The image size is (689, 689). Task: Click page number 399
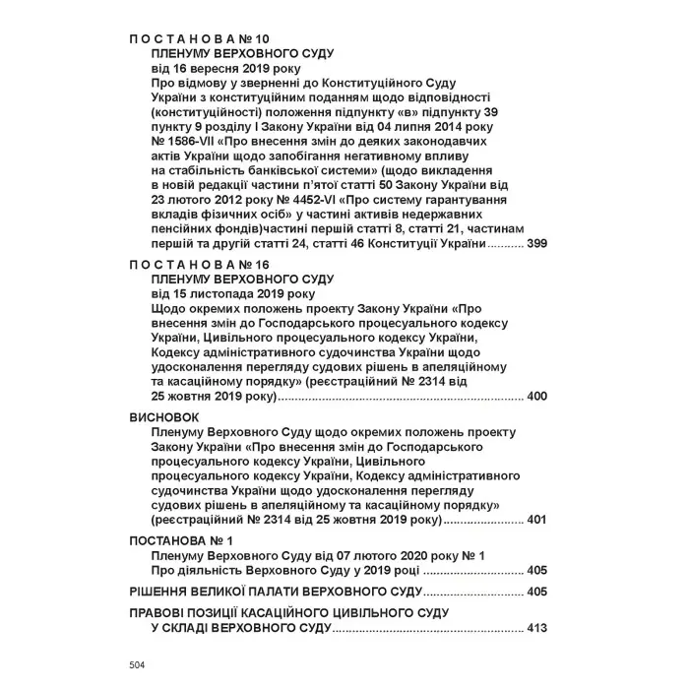coord(536,242)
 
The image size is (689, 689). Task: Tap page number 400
coord(536,397)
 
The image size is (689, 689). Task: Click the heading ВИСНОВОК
coord(164,417)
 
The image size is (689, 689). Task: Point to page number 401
coord(536,519)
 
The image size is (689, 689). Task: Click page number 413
coord(536,629)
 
